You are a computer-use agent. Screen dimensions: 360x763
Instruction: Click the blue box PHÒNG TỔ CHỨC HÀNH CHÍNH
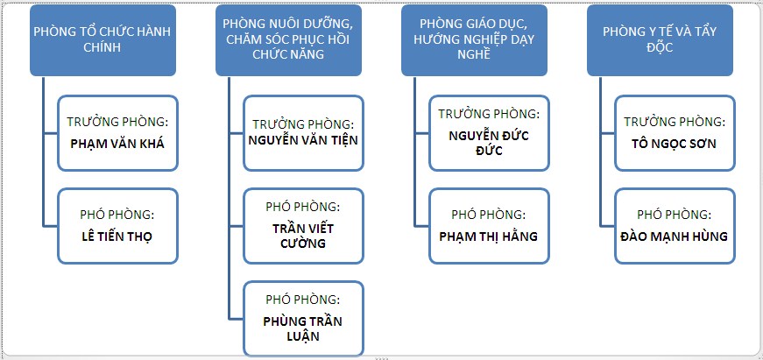click(102, 39)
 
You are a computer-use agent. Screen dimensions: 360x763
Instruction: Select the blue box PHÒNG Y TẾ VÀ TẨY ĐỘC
click(660, 39)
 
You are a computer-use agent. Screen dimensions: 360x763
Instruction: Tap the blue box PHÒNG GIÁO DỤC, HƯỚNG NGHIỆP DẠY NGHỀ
click(474, 39)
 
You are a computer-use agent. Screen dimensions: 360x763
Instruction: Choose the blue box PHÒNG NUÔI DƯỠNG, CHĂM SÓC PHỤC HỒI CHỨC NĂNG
click(288, 39)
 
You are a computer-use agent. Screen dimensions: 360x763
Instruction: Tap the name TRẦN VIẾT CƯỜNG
click(303, 236)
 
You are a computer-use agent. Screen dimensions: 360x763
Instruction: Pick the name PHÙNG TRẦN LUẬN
click(303, 328)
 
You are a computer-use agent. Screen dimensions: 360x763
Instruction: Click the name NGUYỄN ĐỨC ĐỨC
click(489, 142)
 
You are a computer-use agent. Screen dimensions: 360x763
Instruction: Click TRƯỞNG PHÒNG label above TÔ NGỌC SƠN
click(674, 122)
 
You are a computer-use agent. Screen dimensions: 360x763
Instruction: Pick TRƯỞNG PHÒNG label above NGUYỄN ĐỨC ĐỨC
click(489, 114)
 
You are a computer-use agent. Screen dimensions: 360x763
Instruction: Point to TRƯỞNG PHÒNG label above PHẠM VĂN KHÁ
click(117, 122)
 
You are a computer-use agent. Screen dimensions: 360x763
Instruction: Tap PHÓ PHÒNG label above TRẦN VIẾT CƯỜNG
click(303, 208)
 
